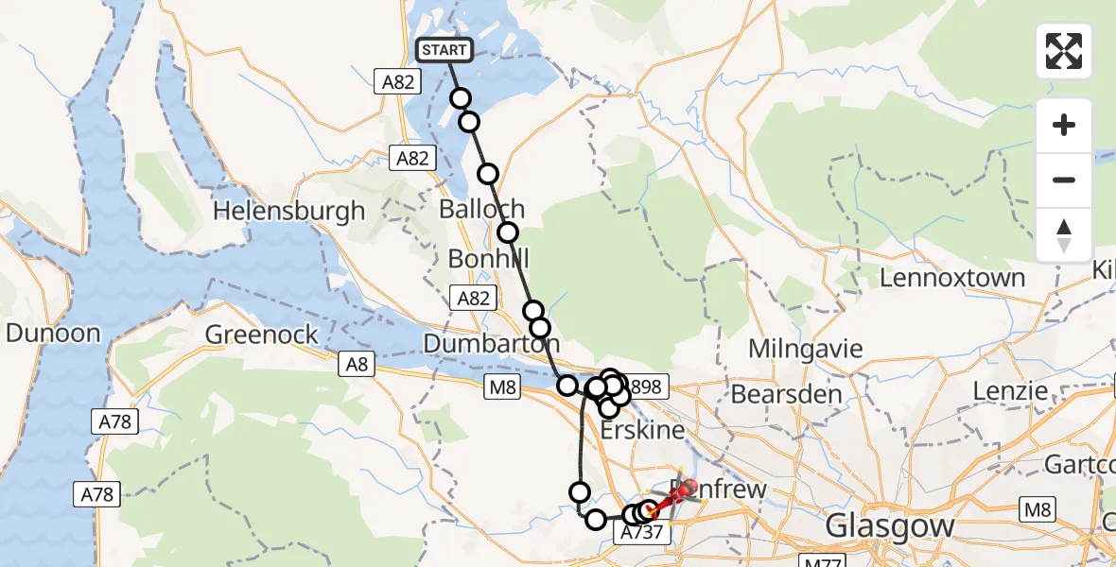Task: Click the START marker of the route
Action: [444, 50]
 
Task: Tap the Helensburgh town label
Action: [288, 210]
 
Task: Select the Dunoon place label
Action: [53, 333]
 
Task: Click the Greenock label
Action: [253, 335]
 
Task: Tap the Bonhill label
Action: [488, 259]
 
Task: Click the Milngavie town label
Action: [806, 349]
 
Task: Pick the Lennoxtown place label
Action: [952, 278]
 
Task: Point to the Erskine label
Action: [642, 429]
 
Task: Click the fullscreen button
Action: [1064, 51]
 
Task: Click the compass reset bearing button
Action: [1064, 235]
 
